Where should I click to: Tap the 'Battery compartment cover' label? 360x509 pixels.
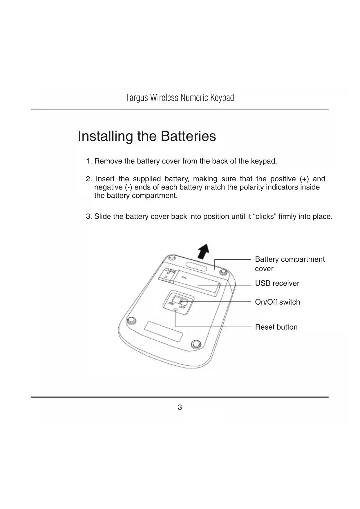click(290, 263)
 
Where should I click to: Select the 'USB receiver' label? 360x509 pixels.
click(277, 283)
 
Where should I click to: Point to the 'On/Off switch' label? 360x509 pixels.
click(277, 302)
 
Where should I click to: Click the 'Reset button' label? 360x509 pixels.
click(276, 327)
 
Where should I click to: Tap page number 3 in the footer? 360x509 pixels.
click(180, 407)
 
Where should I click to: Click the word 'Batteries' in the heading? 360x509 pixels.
click(188, 136)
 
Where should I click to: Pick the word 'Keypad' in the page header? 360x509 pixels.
click(222, 98)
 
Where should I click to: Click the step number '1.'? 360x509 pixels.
click(89, 161)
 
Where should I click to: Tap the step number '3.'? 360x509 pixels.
click(89, 216)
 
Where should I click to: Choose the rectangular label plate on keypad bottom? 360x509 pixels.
click(164, 331)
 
